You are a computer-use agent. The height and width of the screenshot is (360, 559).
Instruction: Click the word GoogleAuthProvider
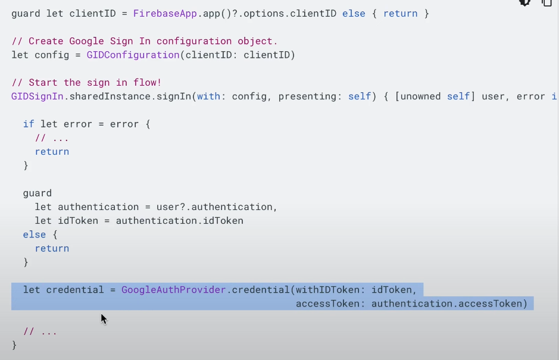(174, 290)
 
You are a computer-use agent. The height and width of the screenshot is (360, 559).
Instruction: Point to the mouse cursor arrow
(103, 318)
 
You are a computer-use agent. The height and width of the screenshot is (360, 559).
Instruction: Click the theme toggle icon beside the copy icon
(524, 2)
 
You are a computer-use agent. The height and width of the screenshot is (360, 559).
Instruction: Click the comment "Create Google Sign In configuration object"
(153, 41)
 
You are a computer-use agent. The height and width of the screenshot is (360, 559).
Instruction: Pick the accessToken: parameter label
(330, 304)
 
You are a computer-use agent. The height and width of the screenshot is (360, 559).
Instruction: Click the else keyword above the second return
(34, 234)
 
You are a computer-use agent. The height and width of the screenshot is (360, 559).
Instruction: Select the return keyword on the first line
(400, 13)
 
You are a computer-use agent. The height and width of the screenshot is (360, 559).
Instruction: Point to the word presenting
(307, 96)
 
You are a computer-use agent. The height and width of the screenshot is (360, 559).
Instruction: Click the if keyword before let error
(28, 124)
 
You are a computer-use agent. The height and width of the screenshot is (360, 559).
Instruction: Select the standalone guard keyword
(37, 193)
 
